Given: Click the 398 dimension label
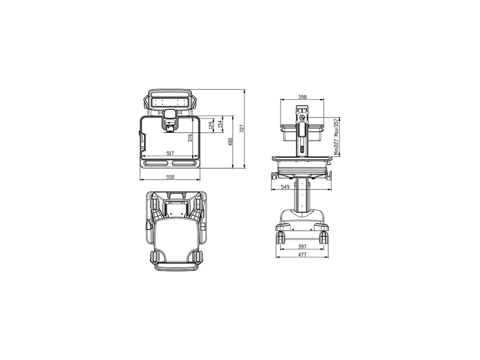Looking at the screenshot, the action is pyautogui.click(x=302, y=97).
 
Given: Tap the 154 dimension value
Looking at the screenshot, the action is pyautogui.click(x=220, y=124).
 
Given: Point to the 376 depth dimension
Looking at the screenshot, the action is pyautogui.click(x=190, y=138).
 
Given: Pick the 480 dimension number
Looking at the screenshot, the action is pyautogui.click(x=230, y=142).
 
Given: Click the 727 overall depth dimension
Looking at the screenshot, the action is pyautogui.click(x=242, y=129).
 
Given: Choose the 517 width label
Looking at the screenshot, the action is pyautogui.click(x=170, y=154).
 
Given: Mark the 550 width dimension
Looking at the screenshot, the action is pyautogui.click(x=170, y=177).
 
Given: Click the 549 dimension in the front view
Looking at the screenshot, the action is pyautogui.click(x=285, y=187).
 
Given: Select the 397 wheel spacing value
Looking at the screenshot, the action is pyautogui.click(x=302, y=246).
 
